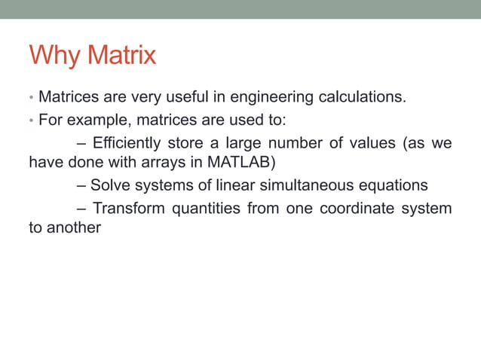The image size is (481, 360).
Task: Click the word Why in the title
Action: pos(55,56)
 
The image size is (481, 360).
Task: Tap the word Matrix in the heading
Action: pos(121,56)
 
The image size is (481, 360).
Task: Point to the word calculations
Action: pos(363,96)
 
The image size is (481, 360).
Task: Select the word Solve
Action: pos(109,185)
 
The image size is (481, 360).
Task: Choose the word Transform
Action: pos(130,207)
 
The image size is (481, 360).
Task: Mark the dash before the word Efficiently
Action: pos(81,142)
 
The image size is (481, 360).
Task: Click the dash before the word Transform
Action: pos(81,207)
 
